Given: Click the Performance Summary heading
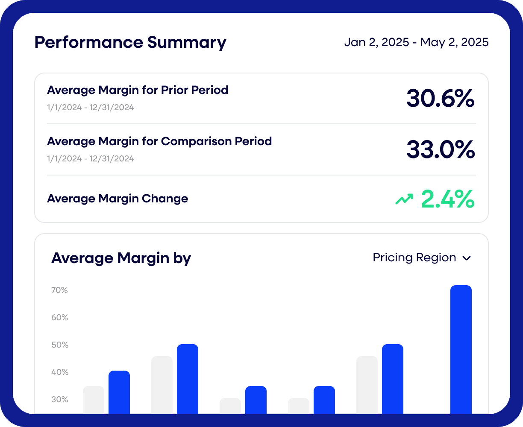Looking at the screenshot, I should (x=130, y=43).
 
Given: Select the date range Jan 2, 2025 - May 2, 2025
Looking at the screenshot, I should (x=416, y=43).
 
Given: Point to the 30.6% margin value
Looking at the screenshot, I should (x=440, y=99).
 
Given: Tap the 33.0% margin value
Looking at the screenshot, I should (x=440, y=150).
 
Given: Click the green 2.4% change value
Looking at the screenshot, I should (x=447, y=199).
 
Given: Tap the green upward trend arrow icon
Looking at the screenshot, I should (x=404, y=199).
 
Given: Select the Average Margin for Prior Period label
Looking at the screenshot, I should (x=138, y=90).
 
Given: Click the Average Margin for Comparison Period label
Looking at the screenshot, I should (x=159, y=141).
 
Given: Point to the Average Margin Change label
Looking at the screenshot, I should (x=118, y=199).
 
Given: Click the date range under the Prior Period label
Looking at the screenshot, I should (x=91, y=108).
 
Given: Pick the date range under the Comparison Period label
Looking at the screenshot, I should (x=91, y=159).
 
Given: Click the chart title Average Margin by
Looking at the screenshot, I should (x=121, y=258).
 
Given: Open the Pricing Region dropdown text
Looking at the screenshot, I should (x=414, y=258).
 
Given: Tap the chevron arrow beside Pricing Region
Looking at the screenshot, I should (x=467, y=258).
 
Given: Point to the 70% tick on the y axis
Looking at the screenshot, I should (x=60, y=290).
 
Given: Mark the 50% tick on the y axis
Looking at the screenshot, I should (x=60, y=345).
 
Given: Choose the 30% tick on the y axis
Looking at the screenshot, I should (x=60, y=400).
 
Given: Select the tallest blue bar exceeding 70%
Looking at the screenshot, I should (x=461, y=350).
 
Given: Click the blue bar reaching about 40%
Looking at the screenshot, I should (x=119, y=393).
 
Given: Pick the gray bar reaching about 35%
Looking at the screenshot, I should (x=94, y=401).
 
